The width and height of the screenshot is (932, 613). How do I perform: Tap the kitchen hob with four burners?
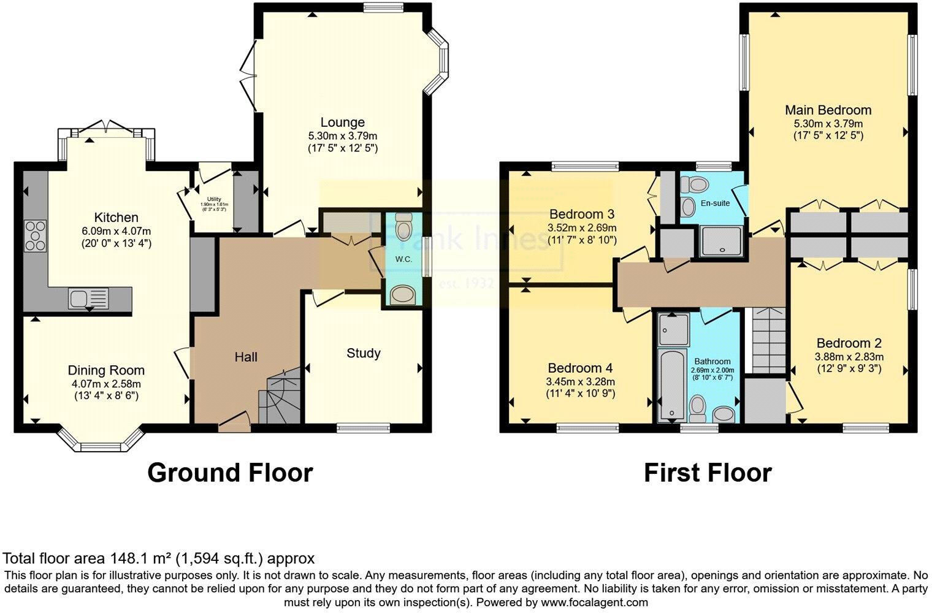coord(35,235)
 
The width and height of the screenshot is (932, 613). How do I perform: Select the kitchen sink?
coord(88,299)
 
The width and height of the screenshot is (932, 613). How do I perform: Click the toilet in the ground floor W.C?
coord(403,226)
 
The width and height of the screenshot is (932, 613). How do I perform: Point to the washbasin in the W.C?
coord(402,295)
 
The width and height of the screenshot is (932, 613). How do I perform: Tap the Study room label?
coord(363,353)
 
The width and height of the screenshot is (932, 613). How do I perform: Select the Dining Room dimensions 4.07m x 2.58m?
coord(106,384)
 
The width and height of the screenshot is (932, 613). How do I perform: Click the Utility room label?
coord(213,199)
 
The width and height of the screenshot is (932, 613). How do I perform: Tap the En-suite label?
coord(715,203)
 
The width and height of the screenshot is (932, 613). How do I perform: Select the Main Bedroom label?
coord(828,110)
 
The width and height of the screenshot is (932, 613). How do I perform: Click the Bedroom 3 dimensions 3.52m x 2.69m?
coord(581,227)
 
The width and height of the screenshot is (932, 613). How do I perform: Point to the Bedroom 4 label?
coord(580,368)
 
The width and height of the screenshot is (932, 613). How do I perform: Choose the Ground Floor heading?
coord(230,473)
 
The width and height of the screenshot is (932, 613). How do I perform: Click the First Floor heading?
coord(707,473)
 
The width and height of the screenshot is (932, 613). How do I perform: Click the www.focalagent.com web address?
coord(594,602)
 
